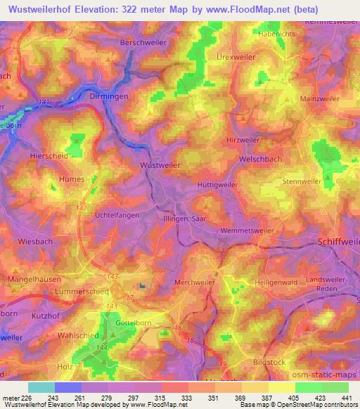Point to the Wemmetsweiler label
[x=245, y=230]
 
